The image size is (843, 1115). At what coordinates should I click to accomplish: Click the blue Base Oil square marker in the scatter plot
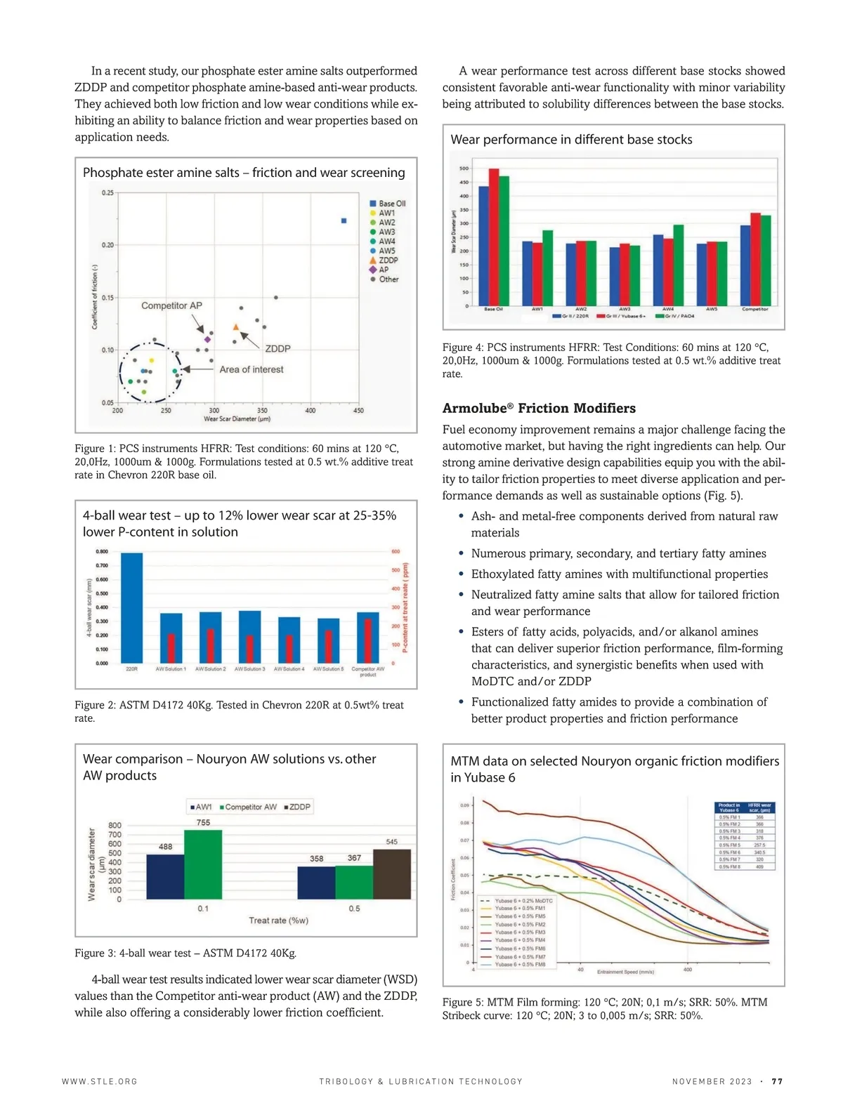[x=344, y=220]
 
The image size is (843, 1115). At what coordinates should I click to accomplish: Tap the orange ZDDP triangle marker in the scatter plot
[x=236, y=326]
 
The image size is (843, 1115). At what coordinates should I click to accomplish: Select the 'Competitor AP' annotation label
[x=171, y=305]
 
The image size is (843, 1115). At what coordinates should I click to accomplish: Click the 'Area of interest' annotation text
[x=251, y=369]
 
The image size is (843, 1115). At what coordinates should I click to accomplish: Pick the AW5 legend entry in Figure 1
[x=386, y=251]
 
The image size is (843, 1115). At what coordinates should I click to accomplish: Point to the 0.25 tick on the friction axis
[x=107, y=193]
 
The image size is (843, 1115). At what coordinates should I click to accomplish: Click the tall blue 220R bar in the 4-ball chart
[x=132, y=607]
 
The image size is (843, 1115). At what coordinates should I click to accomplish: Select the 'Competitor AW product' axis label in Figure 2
[x=368, y=672]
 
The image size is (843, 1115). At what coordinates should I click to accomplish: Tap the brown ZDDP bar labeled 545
[x=392, y=873]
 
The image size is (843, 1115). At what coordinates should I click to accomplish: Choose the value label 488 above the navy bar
[x=165, y=847]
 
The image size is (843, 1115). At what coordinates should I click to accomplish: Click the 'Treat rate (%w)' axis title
[x=278, y=921]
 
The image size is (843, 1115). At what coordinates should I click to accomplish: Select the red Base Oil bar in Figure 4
[x=494, y=237]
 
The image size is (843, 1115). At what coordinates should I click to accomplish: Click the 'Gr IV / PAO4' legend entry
[x=676, y=316]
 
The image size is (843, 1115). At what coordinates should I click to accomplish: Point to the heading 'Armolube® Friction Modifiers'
[x=539, y=409]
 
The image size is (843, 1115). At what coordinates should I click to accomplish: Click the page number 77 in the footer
[x=777, y=1082]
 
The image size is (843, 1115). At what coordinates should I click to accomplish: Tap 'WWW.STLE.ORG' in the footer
[x=100, y=1082]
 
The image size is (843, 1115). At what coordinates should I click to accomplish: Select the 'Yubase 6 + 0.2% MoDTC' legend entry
[x=523, y=901]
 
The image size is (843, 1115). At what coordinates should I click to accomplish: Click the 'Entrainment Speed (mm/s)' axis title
[x=625, y=972]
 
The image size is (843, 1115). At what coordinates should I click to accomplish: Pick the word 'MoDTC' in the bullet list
[x=492, y=681]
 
